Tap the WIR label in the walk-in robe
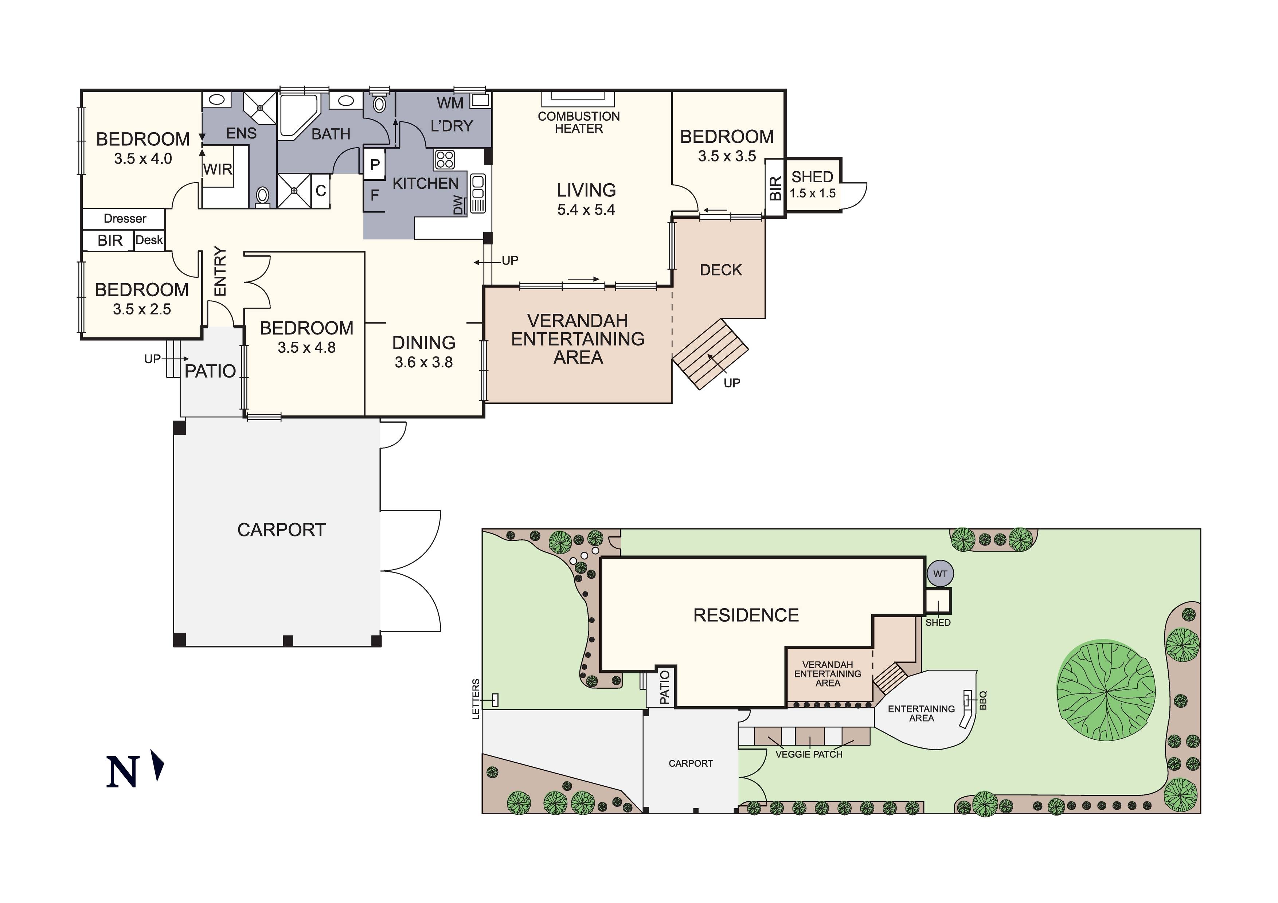pyautogui.click(x=218, y=169)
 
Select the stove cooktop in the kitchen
pyautogui.click(x=444, y=160)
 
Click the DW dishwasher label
pyautogui.click(x=458, y=205)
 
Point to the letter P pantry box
pyautogui.click(x=375, y=165)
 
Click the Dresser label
pyautogui.click(x=125, y=218)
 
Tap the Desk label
pyautogui.click(x=149, y=240)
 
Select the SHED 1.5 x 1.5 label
pyautogui.click(x=812, y=184)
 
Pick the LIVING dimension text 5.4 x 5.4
pyautogui.click(x=586, y=210)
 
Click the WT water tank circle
pyautogui.click(x=940, y=574)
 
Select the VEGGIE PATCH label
pyautogui.click(x=808, y=754)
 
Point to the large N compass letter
pyautogui.click(x=122, y=771)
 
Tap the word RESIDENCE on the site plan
pyautogui.click(x=746, y=615)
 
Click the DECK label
pyautogui.click(x=720, y=270)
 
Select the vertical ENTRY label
pyautogui.click(x=220, y=271)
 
